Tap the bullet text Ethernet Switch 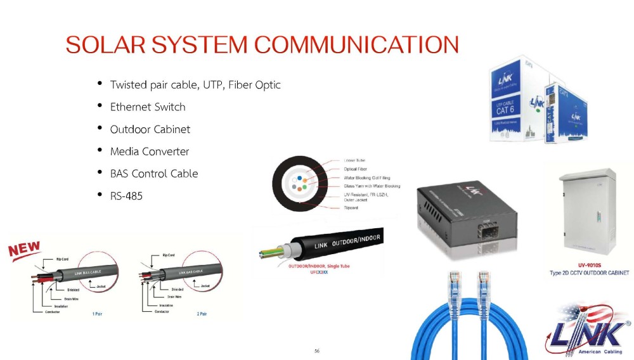[148, 107]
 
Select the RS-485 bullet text [126, 196]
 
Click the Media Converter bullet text [150, 151]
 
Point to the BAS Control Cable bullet [154, 174]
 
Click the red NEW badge [25, 249]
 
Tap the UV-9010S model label [589, 265]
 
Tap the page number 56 [317, 350]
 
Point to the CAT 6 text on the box [509, 108]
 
